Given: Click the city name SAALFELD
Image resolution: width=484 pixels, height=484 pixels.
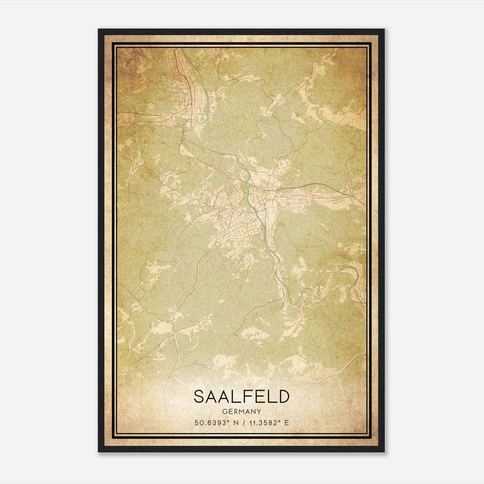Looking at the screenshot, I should point(241,397).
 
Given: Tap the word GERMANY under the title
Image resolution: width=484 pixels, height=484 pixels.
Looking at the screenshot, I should point(241,412).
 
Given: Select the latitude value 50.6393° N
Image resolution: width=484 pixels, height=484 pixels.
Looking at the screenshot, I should point(214,423).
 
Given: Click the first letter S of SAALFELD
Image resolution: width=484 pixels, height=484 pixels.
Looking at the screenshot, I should point(200,397).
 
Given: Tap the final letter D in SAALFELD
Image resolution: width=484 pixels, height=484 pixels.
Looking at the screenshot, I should point(283,397).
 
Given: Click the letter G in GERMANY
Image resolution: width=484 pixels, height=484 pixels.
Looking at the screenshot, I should point(224,412).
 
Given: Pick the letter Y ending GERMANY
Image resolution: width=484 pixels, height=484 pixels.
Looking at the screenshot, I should point(259,412).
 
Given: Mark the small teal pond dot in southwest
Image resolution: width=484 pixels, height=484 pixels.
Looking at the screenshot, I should point(149,325).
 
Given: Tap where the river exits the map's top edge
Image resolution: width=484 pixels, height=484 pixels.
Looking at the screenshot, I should point(181,49).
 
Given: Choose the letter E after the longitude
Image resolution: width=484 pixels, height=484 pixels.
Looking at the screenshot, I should point(287,423).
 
